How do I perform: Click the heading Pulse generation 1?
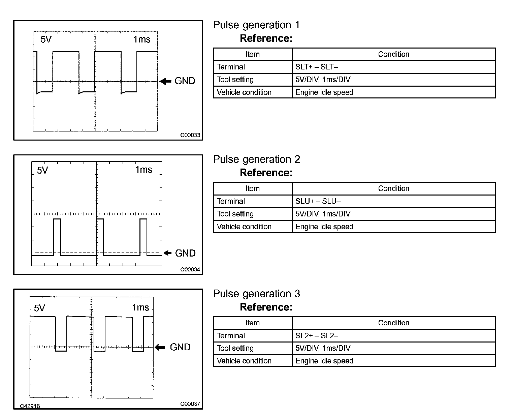(x=256, y=25)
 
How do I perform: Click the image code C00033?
(x=190, y=135)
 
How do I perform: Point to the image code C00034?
(x=190, y=269)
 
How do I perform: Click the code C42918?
(x=30, y=406)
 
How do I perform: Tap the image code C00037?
(x=190, y=404)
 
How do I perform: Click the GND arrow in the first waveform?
(x=165, y=81)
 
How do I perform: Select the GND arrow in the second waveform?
(x=167, y=253)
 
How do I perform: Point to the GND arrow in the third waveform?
(x=160, y=347)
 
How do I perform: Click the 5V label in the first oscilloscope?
(x=46, y=39)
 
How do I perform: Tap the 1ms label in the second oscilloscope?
(x=143, y=170)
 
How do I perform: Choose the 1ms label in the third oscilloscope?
(x=140, y=307)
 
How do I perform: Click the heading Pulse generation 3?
(x=257, y=294)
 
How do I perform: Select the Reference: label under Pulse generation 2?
(x=266, y=173)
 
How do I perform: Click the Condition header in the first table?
(x=393, y=54)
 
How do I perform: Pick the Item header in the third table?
(x=252, y=323)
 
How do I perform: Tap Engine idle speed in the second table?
(x=324, y=227)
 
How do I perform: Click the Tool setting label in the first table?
(x=235, y=80)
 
